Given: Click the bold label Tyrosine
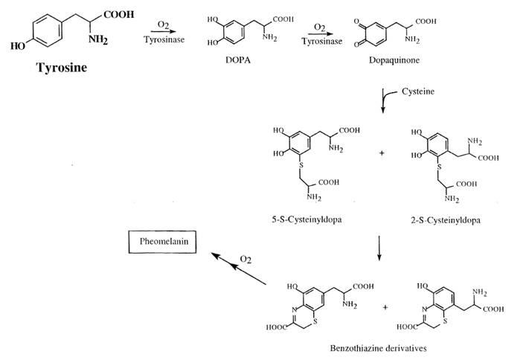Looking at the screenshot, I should pyautogui.click(x=64, y=69).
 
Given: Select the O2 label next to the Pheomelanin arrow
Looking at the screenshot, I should pyautogui.click(x=245, y=258).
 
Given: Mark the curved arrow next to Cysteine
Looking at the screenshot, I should pyautogui.click(x=385, y=97).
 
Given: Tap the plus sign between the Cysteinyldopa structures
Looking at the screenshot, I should pyautogui.click(x=382, y=153).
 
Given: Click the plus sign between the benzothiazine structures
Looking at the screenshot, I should pyautogui.click(x=385, y=306).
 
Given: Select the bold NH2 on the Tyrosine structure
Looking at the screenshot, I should pyautogui.click(x=97, y=41).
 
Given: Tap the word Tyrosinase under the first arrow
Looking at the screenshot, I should pyautogui.click(x=159, y=41).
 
